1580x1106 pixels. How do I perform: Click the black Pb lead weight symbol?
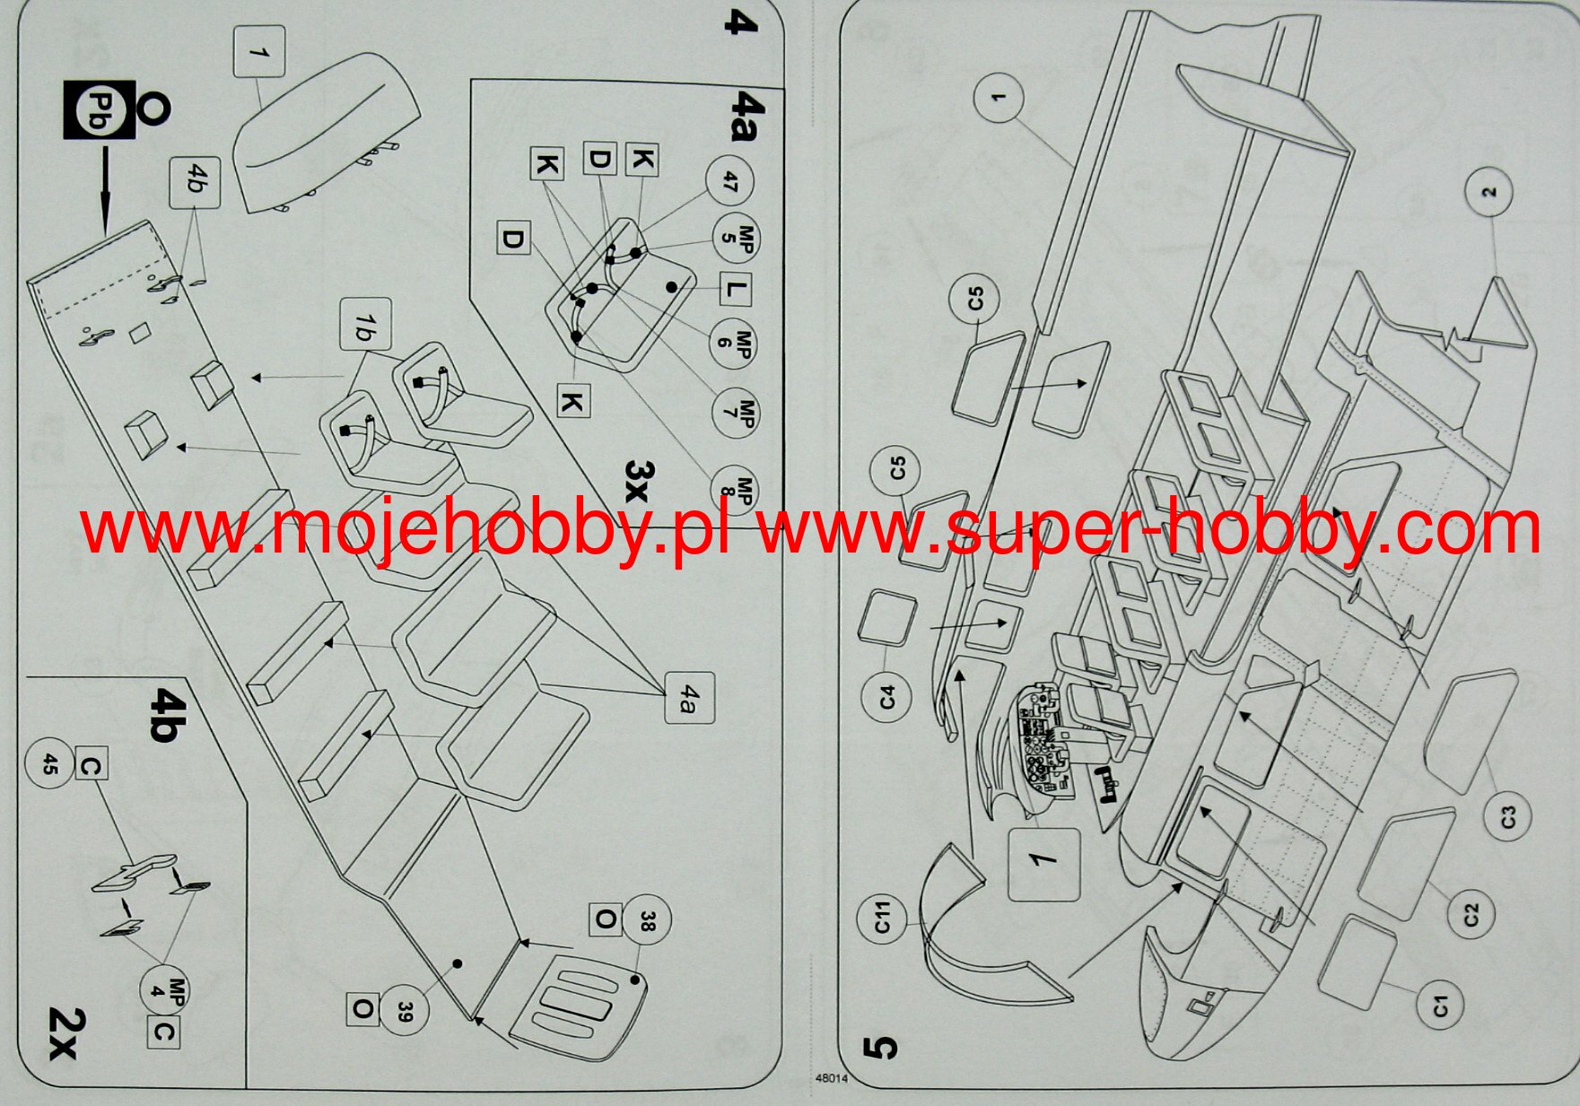tap(99, 110)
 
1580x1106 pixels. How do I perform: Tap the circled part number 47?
tap(729, 182)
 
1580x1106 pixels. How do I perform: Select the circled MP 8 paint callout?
tap(734, 490)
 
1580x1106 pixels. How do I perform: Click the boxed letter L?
tap(735, 291)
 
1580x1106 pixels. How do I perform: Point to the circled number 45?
tap(50, 764)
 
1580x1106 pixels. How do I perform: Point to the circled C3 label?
tap(1508, 816)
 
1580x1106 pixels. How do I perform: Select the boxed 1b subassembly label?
tap(365, 324)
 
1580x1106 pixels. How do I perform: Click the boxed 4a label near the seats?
tap(689, 698)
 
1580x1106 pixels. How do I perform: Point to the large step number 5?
tap(880, 1046)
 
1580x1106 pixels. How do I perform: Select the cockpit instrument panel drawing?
tap(1043, 743)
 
